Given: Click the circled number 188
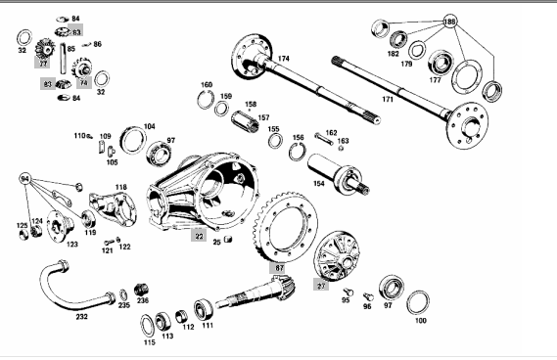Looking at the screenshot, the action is click(449, 22).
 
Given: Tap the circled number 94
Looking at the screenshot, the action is click(24, 179).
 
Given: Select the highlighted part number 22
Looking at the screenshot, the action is click(199, 236).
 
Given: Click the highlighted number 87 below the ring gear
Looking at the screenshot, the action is click(279, 268).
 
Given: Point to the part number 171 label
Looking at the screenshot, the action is click(388, 100).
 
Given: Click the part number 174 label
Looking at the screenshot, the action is click(284, 59).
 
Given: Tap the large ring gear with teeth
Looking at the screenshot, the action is click(286, 226).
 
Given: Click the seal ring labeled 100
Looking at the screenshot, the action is click(417, 303).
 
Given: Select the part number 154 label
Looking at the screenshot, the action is click(319, 184).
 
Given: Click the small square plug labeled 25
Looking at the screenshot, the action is click(228, 240).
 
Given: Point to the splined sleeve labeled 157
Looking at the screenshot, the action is click(246, 121).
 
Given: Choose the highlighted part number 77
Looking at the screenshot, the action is click(43, 64).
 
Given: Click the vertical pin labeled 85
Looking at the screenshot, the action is click(63, 58).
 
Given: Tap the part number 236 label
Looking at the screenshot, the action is click(143, 300).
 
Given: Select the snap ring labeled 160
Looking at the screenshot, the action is click(206, 100).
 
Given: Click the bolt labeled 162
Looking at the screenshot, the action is click(324, 139).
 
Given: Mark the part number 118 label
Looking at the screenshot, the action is click(120, 188).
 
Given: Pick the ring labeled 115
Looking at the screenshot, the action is click(148, 326).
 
